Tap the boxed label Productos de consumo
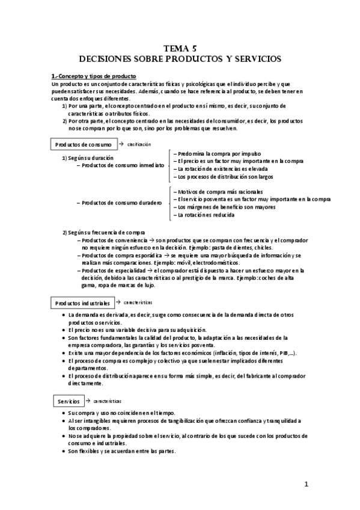coord(82,145)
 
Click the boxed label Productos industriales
coord(82,303)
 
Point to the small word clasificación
coord(138,144)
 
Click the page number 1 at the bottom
coord(305,484)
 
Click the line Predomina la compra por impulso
coord(207,153)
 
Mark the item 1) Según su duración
coord(88,158)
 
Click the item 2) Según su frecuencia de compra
coord(103,232)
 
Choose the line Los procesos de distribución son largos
coord(215,177)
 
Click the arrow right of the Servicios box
coord(88,401)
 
